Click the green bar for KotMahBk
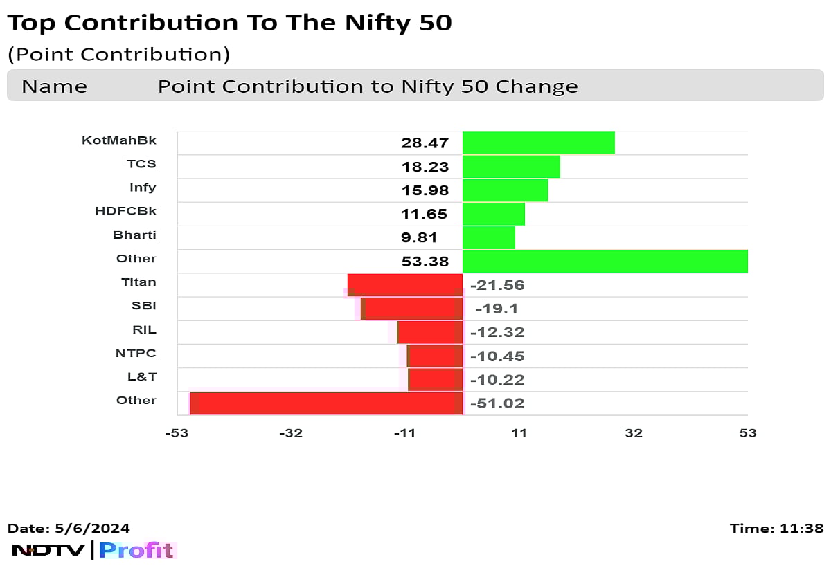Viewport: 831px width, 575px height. (x=538, y=143)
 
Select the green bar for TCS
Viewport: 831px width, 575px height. (x=511, y=167)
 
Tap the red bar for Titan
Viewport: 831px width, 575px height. (x=405, y=285)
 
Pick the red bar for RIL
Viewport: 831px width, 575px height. (x=429, y=332)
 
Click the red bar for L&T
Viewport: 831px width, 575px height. (x=435, y=379)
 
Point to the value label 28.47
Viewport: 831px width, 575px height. (x=425, y=143)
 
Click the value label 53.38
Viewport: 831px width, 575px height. (x=425, y=262)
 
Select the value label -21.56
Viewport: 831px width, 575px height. (x=497, y=285)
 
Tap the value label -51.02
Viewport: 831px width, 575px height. (x=497, y=403)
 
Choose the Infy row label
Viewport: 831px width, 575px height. (x=143, y=188)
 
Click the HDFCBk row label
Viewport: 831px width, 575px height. (x=125, y=211)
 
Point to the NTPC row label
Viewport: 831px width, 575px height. (x=136, y=353)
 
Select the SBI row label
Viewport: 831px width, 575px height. (x=144, y=305)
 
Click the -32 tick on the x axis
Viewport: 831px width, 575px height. (x=291, y=433)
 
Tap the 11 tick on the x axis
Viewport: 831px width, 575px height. (x=519, y=433)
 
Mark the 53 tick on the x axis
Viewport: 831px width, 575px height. (x=747, y=433)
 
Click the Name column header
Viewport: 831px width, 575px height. (x=54, y=86)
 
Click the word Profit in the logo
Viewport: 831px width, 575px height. (x=136, y=550)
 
